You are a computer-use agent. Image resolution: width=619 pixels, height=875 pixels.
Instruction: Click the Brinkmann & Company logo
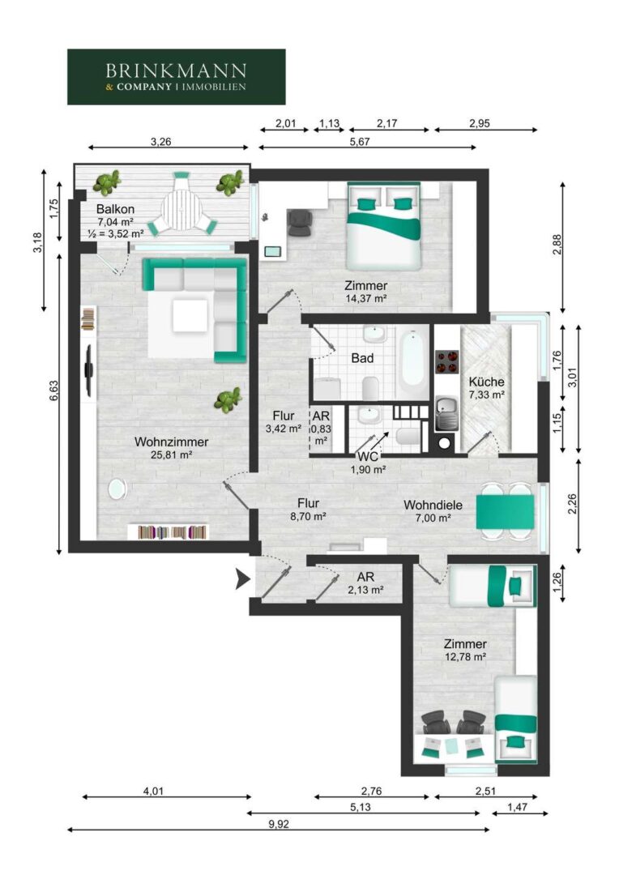177,77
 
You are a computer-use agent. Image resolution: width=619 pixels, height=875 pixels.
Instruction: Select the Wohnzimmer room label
171,442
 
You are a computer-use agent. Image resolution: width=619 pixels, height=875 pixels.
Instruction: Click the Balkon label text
116,209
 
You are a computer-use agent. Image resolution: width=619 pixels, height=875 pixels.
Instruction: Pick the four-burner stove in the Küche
446,361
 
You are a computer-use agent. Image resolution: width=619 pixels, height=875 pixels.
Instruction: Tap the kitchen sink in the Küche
446,413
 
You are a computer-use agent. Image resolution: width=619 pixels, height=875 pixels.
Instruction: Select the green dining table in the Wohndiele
505,512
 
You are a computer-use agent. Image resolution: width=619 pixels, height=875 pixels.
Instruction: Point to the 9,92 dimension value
279,824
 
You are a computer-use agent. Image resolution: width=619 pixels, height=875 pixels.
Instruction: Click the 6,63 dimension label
53,391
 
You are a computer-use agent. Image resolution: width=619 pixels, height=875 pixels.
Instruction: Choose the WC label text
368,456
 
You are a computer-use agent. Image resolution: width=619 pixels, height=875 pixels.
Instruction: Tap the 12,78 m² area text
465,657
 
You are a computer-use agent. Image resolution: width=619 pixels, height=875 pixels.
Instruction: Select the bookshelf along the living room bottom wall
168,531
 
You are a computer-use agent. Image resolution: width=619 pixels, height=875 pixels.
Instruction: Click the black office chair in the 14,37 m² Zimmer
301,221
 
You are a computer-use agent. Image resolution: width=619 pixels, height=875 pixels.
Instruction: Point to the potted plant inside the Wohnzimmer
228,399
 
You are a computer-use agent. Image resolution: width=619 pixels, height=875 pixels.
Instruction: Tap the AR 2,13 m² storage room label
365,583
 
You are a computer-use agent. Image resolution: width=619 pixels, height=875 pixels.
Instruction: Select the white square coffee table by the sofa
190,316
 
